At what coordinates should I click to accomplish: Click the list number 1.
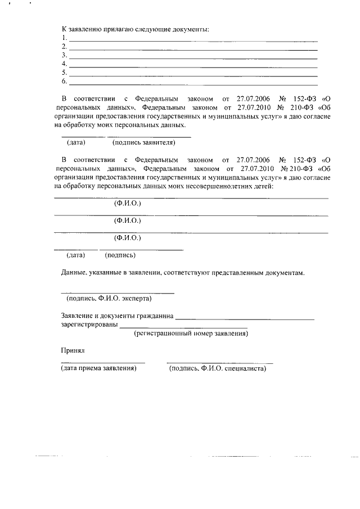[x=64, y=38]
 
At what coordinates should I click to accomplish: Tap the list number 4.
[x=64, y=64]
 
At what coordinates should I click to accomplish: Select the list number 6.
[x=64, y=81]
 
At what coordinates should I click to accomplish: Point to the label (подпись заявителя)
[x=144, y=142]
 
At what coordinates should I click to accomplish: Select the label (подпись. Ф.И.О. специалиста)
[x=217, y=369]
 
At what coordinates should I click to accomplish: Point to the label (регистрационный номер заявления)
[x=191, y=334]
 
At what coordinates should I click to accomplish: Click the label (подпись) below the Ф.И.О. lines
[x=120, y=255]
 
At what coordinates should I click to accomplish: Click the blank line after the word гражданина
[x=245, y=319]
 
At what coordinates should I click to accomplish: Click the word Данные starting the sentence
[x=73, y=273]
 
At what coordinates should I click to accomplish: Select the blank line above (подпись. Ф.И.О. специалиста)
[x=219, y=363]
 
